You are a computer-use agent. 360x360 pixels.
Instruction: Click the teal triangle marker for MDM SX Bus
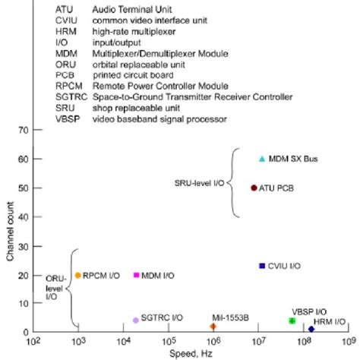262,159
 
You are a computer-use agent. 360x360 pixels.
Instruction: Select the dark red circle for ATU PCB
254,188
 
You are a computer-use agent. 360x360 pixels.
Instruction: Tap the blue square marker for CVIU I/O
262,266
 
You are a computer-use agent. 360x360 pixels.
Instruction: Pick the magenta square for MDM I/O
137,275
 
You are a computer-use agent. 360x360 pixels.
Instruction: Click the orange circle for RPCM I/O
77,275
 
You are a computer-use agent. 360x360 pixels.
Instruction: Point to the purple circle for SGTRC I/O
136,321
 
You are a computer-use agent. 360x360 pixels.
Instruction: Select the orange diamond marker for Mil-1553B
213,327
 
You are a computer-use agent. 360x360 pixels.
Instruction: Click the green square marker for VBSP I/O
292,321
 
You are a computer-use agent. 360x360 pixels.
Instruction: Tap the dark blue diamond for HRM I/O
311,329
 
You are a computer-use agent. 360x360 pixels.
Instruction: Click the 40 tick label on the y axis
24,217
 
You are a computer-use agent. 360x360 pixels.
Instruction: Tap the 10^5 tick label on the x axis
168,342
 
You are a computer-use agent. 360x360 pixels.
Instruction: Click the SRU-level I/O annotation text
199,183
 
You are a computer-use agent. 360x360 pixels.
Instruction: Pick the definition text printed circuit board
134,75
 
